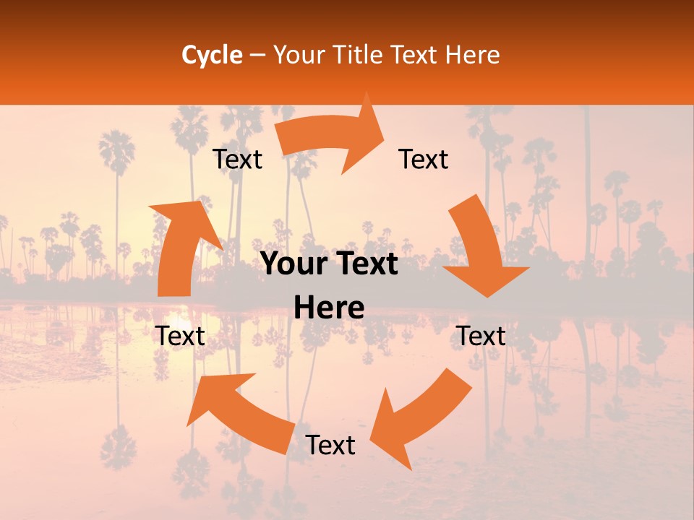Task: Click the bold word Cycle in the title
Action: tap(212, 55)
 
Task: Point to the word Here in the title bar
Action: tap(473, 55)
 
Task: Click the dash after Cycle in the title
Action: tap(257, 56)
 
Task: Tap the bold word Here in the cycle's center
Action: tap(329, 308)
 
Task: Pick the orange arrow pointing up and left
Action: tap(239, 412)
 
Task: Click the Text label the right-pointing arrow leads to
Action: tap(424, 159)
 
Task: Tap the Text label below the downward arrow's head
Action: tap(481, 336)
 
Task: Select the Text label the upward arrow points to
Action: tap(237, 159)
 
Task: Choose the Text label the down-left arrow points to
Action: tap(330, 445)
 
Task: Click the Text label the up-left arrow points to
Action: tap(181, 336)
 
